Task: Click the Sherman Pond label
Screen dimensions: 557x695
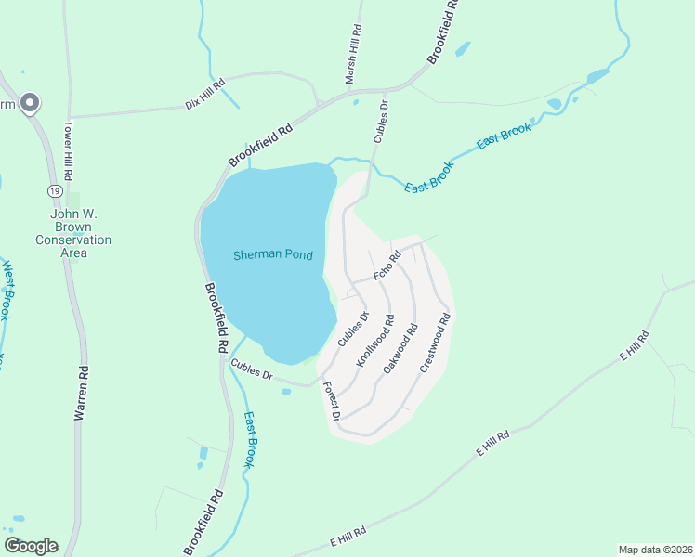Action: [272, 254]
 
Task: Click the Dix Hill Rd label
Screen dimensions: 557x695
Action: [206, 95]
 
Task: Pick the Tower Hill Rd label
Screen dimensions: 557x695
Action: [69, 150]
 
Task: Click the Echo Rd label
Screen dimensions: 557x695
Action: [387, 265]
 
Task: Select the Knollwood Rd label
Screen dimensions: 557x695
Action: [375, 343]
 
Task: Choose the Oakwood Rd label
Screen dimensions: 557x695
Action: [401, 348]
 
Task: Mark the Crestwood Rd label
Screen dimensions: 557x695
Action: [435, 343]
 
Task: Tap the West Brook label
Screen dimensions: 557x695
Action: [7, 291]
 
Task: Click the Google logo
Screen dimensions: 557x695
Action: [31, 546]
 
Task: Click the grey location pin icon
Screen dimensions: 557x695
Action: [30, 103]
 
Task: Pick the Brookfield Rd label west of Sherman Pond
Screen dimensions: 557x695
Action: [216, 318]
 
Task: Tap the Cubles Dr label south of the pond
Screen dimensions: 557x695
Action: [252, 370]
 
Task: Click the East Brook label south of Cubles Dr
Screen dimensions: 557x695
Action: [248, 439]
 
